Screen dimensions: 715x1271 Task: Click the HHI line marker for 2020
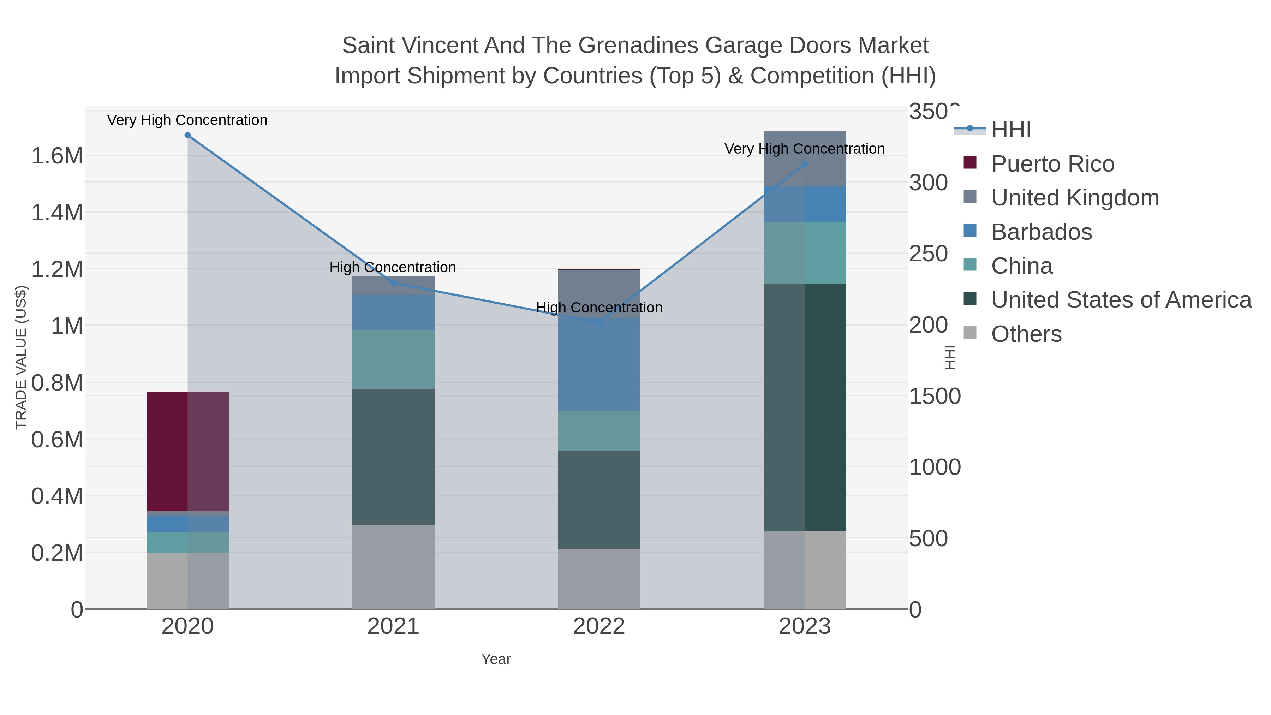click(187, 135)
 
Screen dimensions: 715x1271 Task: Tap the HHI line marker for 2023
click(805, 164)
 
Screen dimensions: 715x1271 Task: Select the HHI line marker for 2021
click(393, 283)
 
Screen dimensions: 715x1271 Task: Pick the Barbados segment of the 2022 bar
click(599, 365)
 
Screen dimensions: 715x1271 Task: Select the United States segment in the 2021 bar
click(393, 457)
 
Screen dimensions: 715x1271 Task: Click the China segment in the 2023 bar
click(805, 253)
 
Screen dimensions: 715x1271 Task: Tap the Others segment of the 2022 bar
click(599, 578)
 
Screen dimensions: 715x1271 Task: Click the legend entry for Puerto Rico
click(1052, 164)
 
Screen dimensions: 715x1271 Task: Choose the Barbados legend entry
click(1042, 232)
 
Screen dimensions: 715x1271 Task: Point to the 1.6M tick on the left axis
click(57, 156)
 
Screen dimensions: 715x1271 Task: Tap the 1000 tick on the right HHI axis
click(935, 467)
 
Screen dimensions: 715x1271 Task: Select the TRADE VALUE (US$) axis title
click(21, 357)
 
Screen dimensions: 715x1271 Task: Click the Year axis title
click(496, 659)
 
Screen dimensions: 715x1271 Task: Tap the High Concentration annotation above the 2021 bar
click(393, 267)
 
